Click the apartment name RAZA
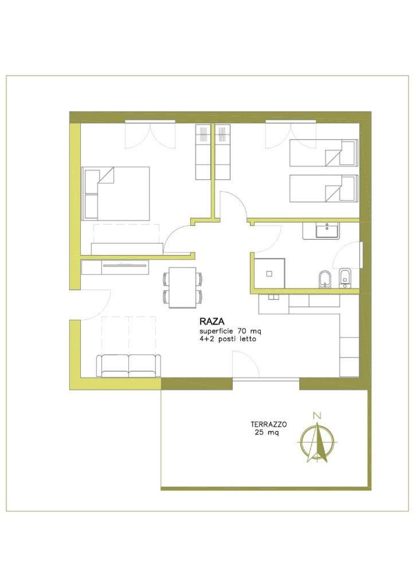click(212, 322)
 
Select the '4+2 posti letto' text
click(228, 339)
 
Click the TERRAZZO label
click(269, 425)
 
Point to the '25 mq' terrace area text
click(267, 432)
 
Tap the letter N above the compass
click(318, 415)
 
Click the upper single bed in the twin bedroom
click(324, 152)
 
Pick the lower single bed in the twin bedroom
click(324, 188)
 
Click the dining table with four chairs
click(183, 287)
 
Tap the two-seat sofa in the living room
click(128, 366)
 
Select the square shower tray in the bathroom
click(269, 273)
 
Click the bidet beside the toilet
click(345, 278)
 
